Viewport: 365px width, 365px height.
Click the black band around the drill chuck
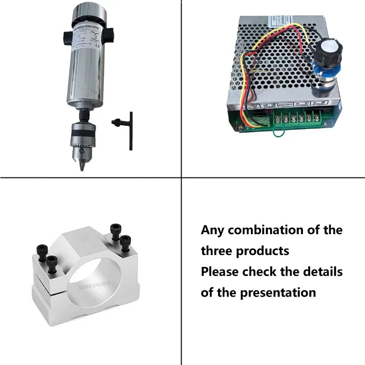(83, 137)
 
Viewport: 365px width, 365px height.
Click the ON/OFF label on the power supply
(287, 104)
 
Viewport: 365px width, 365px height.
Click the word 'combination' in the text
(266, 230)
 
